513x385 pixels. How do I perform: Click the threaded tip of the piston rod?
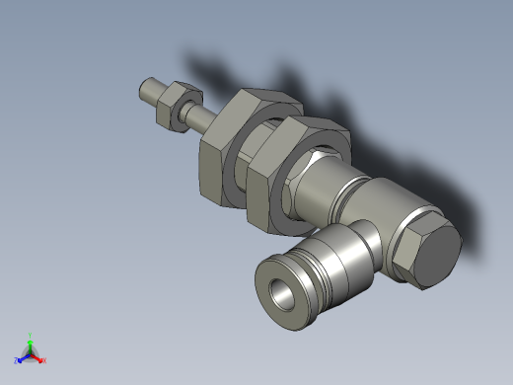click(x=147, y=92)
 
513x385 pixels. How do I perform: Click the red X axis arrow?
click(x=38, y=357)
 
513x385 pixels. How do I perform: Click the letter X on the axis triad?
click(x=44, y=360)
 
